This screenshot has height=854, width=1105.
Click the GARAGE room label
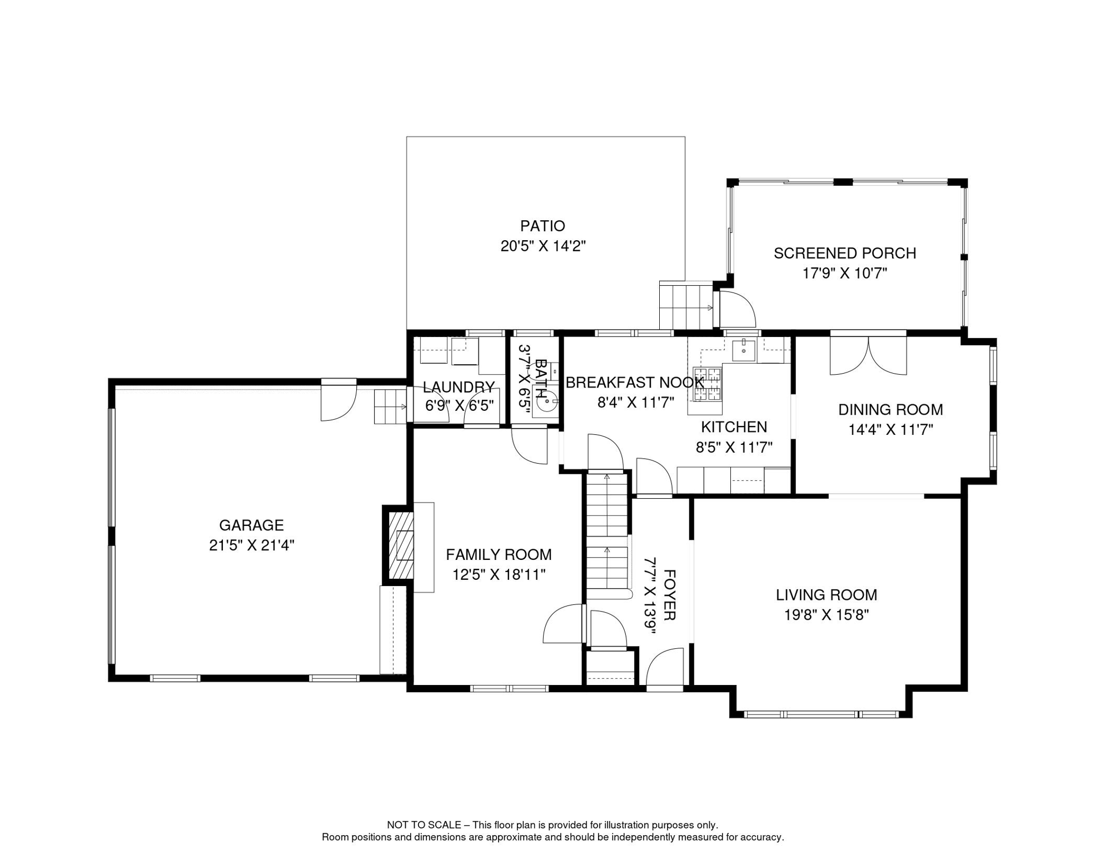251,525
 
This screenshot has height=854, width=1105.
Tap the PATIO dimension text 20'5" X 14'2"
543,246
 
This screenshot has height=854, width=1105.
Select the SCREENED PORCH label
845,253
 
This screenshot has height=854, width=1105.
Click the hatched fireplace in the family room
401,544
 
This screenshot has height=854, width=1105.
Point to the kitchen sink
743,350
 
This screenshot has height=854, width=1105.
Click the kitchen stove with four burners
707,384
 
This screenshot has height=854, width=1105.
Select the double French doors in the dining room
868,356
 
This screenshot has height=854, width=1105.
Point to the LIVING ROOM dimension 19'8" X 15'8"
827,615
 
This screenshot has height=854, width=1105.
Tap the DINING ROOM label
890,410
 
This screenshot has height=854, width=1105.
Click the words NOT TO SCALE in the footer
424,825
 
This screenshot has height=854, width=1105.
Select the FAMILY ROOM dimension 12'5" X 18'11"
499,574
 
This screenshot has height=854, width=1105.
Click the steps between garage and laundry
390,407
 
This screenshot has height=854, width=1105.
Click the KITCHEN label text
734,427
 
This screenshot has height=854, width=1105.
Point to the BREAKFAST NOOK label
635,383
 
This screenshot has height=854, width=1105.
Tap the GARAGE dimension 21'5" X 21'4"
251,545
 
